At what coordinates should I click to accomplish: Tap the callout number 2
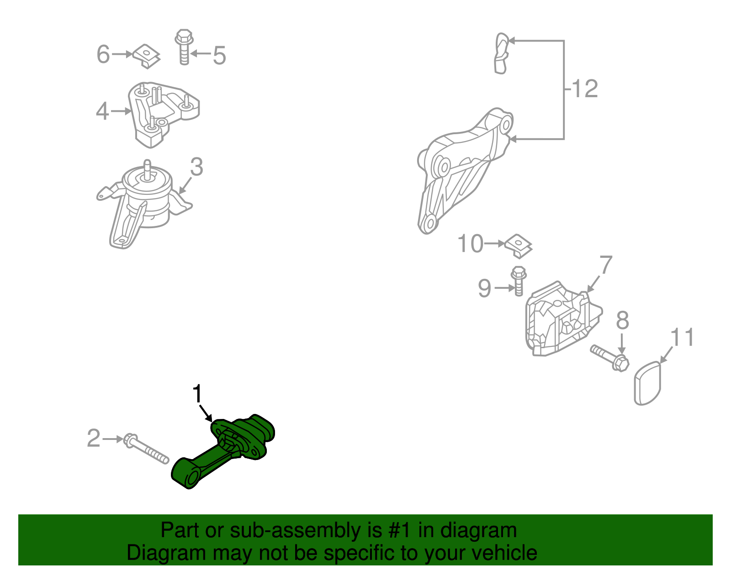94,438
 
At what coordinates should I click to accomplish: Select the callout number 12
585,89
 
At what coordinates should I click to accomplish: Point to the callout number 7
606,265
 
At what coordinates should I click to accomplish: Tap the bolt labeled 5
184,47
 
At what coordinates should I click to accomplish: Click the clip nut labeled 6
147,57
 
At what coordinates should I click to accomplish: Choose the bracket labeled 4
163,114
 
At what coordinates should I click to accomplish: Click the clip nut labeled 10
519,246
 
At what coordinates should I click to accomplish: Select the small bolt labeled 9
519,281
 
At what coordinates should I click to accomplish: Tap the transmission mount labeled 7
563,319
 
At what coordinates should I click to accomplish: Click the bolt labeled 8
609,358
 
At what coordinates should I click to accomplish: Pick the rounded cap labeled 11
647,383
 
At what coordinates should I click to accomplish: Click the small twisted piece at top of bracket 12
501,53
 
